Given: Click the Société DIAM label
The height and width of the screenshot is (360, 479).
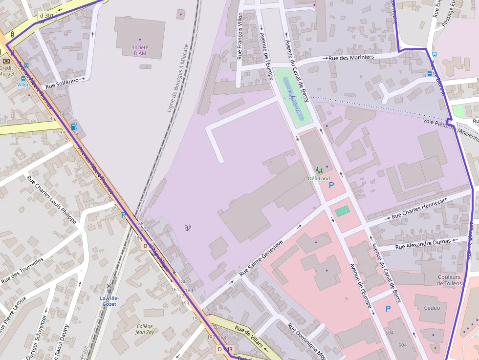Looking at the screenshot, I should click(x=140, y=50).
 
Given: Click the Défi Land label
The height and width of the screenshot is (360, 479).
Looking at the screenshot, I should click(x=319, y=178).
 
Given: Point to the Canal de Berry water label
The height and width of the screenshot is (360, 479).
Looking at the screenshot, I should click(x=292, y=96).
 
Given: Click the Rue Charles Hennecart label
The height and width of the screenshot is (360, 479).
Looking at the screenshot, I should click(x=419, y=209).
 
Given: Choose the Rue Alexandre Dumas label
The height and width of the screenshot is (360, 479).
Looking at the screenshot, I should click(x=423, y=243).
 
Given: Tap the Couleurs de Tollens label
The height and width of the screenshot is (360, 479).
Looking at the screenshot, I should click(x=449, y=280).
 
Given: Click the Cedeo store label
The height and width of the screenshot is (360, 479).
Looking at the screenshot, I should click(x=432, y=308).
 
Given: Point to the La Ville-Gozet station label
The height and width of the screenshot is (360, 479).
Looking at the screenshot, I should click(x=109, y=301).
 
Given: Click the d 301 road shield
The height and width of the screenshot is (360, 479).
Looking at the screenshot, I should click(x=46, y=16).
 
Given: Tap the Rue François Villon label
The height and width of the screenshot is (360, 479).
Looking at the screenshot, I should click(x=239, y=37).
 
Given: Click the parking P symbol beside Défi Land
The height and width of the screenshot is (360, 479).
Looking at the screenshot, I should click(x=331, y=185).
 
